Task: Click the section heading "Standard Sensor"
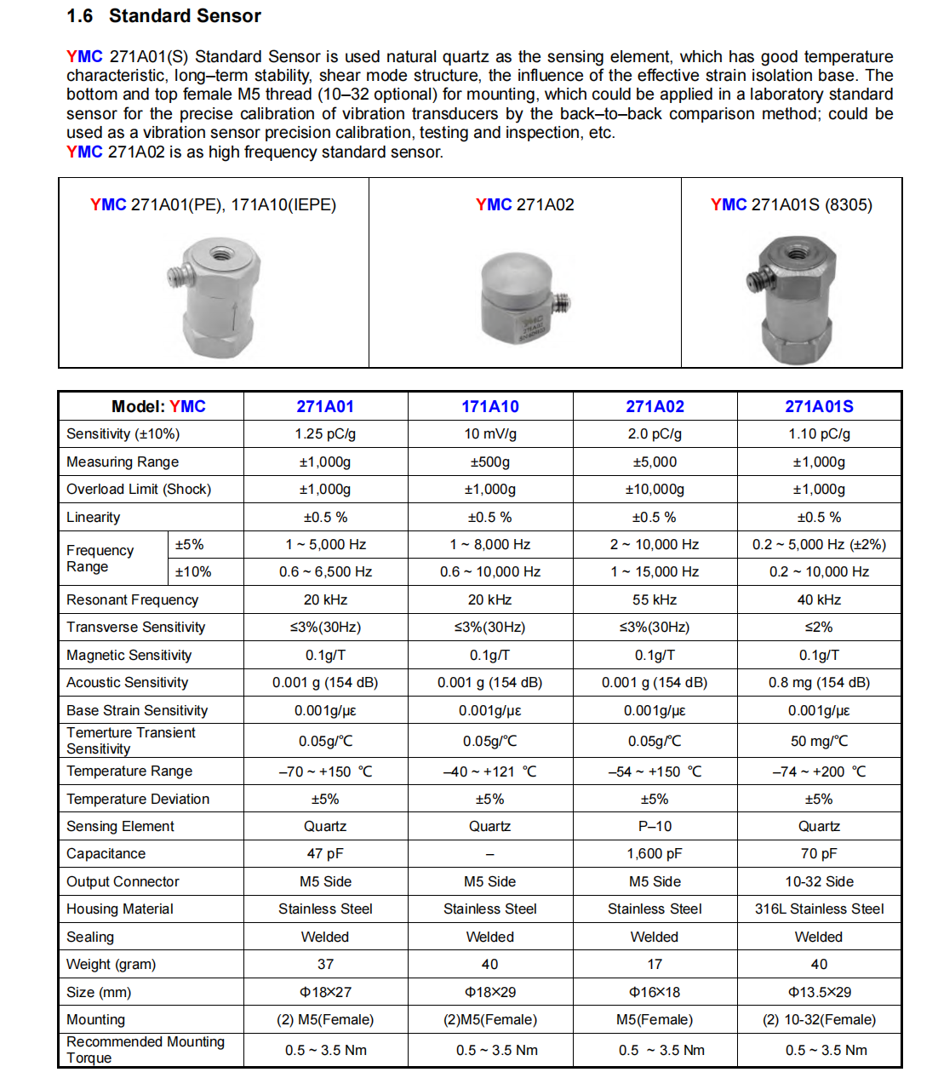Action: tap(185, 16)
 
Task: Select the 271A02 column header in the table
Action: tap(655, 406)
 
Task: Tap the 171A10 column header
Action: tap(490, 406)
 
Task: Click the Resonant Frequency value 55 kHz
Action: tap(655, 599)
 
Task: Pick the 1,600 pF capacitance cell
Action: tap(655, 853)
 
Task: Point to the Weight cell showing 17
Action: tap(655, 964)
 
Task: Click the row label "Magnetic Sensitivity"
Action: tap(129, 655)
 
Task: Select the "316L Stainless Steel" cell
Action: tap(819, 909)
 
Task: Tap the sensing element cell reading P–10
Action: tap(655, 826)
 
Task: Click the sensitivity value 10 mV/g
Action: tap(490, 433)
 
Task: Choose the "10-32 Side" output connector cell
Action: tap(819, 881)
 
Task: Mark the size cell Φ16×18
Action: tap(655, 992)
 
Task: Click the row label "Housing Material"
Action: tap(120, 909)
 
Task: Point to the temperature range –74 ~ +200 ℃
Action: tap(819, 771)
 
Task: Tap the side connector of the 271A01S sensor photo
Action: tap(755, 280)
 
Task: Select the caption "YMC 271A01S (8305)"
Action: tap(792, 204)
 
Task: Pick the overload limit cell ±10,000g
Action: tap(655, 489)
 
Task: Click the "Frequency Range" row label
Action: tap(100, 559)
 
